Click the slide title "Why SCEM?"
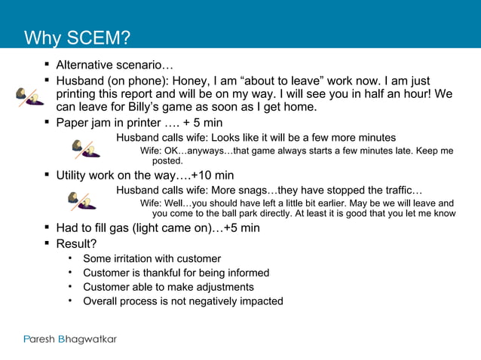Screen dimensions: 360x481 (x=77, y=38)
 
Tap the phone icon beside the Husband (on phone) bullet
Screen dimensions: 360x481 (x=29, y=96)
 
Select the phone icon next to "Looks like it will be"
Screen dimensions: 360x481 (x=84, y=148)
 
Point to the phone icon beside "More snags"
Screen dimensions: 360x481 (x=81, y=200)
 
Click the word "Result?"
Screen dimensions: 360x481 (x=76, y=244)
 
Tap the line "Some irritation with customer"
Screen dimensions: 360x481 (x=152, y=258)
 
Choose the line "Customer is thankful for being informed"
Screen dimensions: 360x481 (x=176, y=273)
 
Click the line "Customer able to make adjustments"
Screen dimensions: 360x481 (x=168, y=287)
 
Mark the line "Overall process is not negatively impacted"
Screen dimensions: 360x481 (x=183, y=301)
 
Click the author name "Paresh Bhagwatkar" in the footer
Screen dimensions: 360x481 (x=69, y=339)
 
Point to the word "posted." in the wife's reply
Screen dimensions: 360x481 (x=167, y=160)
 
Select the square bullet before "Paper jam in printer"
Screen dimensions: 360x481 (x=47, y=123)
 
